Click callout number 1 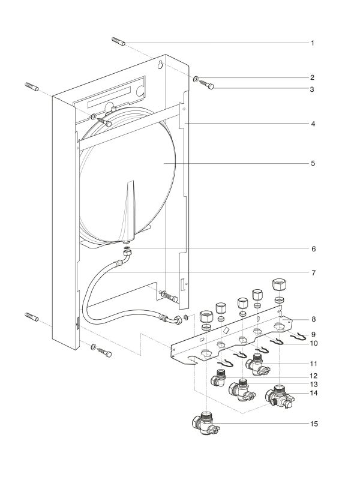click(x=313, y=43)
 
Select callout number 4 click(x=313, y=124)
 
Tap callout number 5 click(x=313, y=163)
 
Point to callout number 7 click(x=313, y=272)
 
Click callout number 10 click(x=313, y=343)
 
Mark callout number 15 click(x=313, y=424)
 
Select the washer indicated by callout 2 click(x=196, y=78)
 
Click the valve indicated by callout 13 click(x=242, y=389)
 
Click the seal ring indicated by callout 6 click(x=128, y=248)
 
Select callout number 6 click(x=313, y=248)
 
